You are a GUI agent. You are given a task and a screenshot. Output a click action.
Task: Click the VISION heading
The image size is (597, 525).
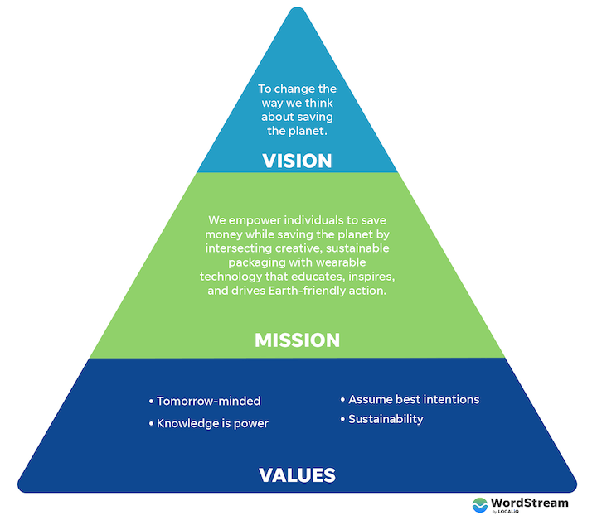tap(297, 161)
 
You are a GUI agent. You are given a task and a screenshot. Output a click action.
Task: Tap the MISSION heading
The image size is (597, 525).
tap(297, 340)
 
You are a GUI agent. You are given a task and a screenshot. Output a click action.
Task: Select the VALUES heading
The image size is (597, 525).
tap(297, 475)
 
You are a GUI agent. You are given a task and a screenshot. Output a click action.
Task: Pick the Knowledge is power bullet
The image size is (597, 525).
tap(213, 424)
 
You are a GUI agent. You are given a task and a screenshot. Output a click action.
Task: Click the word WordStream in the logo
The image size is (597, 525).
tap(531, 503)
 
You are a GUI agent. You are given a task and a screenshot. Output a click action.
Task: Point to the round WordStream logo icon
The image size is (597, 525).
tap(480, 506)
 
